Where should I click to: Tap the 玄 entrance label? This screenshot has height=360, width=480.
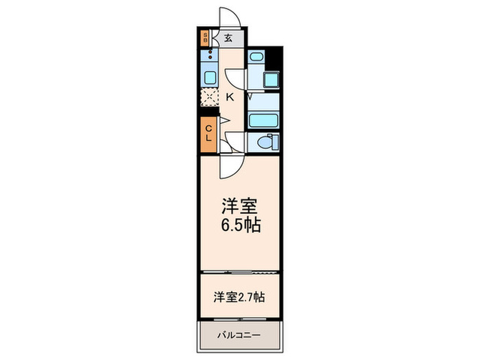click(x=228, y=38)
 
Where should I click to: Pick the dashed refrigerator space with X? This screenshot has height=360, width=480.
click(x=209, y=97)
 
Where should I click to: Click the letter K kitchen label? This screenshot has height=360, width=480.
click(x=230, y=97)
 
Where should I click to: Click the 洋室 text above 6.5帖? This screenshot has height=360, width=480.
click(x=240, y=205)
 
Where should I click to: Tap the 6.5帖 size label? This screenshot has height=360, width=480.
click(x=240, y=226)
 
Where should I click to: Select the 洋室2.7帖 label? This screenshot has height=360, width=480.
click(x=240, y=297)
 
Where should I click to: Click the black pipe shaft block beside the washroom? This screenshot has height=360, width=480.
click(x=274, y=59)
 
